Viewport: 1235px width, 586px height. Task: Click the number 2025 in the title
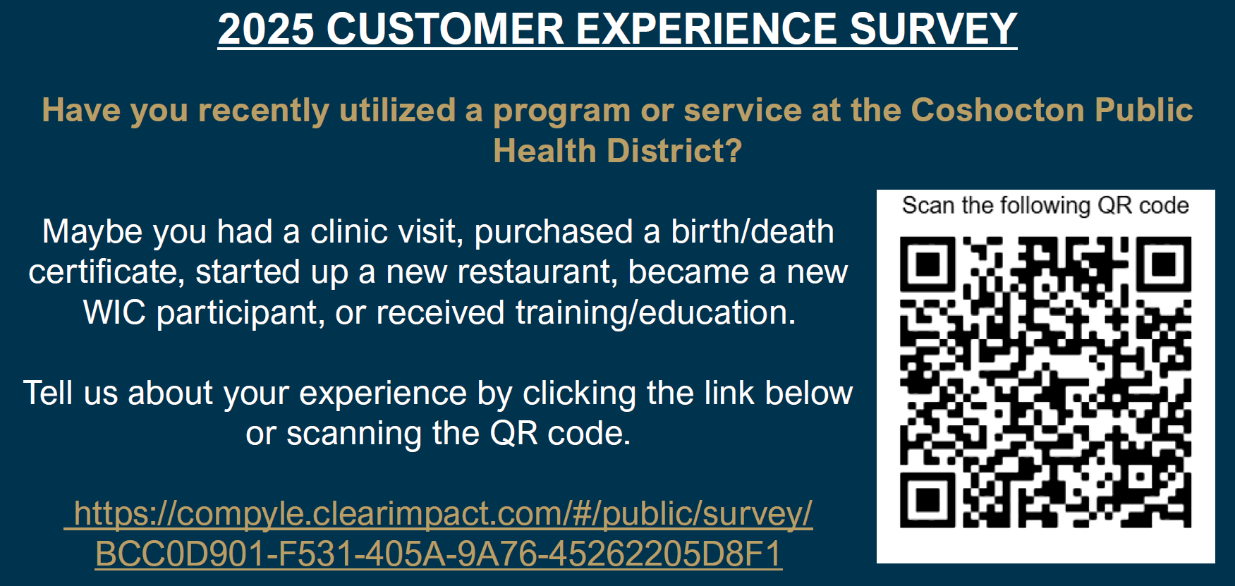point(266,29)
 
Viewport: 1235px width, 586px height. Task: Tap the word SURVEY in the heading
point(933,29)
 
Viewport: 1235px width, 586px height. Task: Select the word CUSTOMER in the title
point(445,29)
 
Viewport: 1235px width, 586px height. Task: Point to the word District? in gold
point(675,150)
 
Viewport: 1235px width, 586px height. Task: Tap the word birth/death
point(753,231)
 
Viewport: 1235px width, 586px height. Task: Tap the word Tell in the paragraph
point(47,393)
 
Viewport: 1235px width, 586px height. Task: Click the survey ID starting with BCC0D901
point(439,554)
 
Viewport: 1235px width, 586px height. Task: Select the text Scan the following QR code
point(1045,205)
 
